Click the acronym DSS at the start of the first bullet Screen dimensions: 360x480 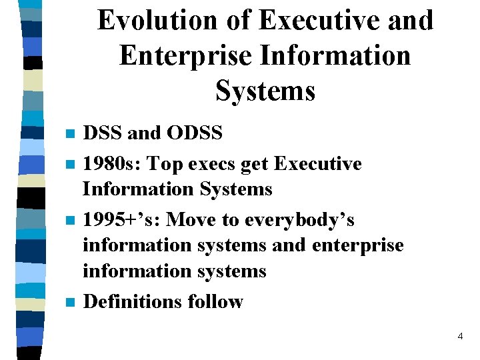pyautogui.click(x=103, y=133)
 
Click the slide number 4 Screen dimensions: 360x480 pyautogui.click(x=460, y=337)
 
